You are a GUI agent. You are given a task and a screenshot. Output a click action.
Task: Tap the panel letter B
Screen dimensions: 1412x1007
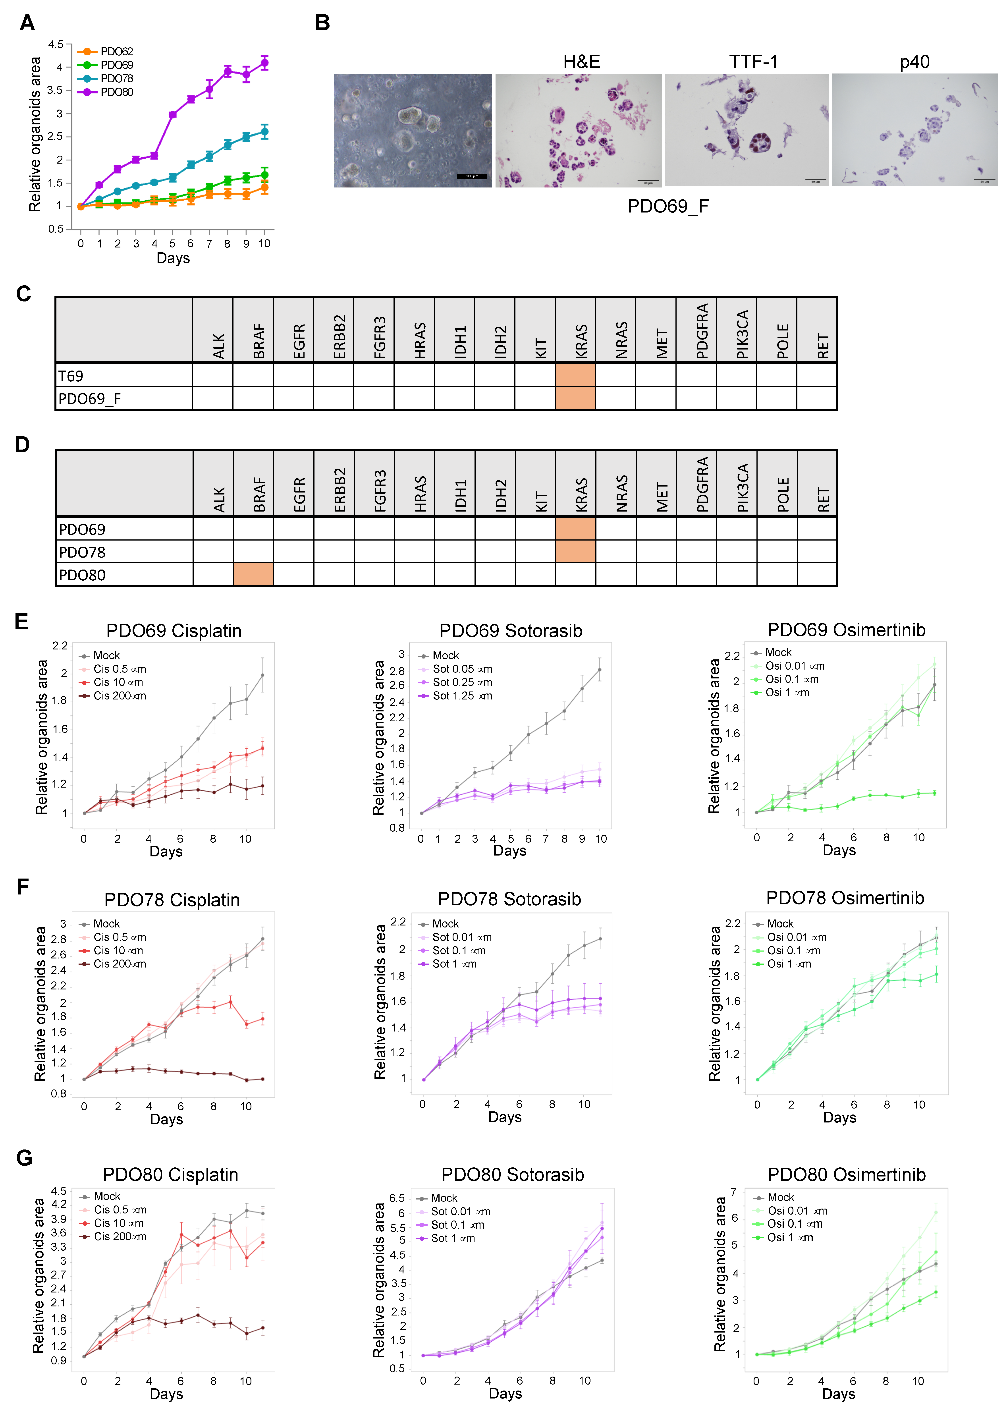(x=322, y=23)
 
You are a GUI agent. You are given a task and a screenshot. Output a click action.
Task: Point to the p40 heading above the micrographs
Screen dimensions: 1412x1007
(x=915, y=62)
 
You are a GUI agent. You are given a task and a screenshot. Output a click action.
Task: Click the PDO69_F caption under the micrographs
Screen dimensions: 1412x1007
(x=668, y=206)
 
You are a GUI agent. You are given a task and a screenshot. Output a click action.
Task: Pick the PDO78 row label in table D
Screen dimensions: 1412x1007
(x=83, y=552)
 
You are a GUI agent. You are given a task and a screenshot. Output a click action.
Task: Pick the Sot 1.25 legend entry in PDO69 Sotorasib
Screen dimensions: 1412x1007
(x=462, y=696)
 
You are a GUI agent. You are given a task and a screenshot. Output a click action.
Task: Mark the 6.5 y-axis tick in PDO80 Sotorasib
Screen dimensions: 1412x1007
(x=397, y=1198)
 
